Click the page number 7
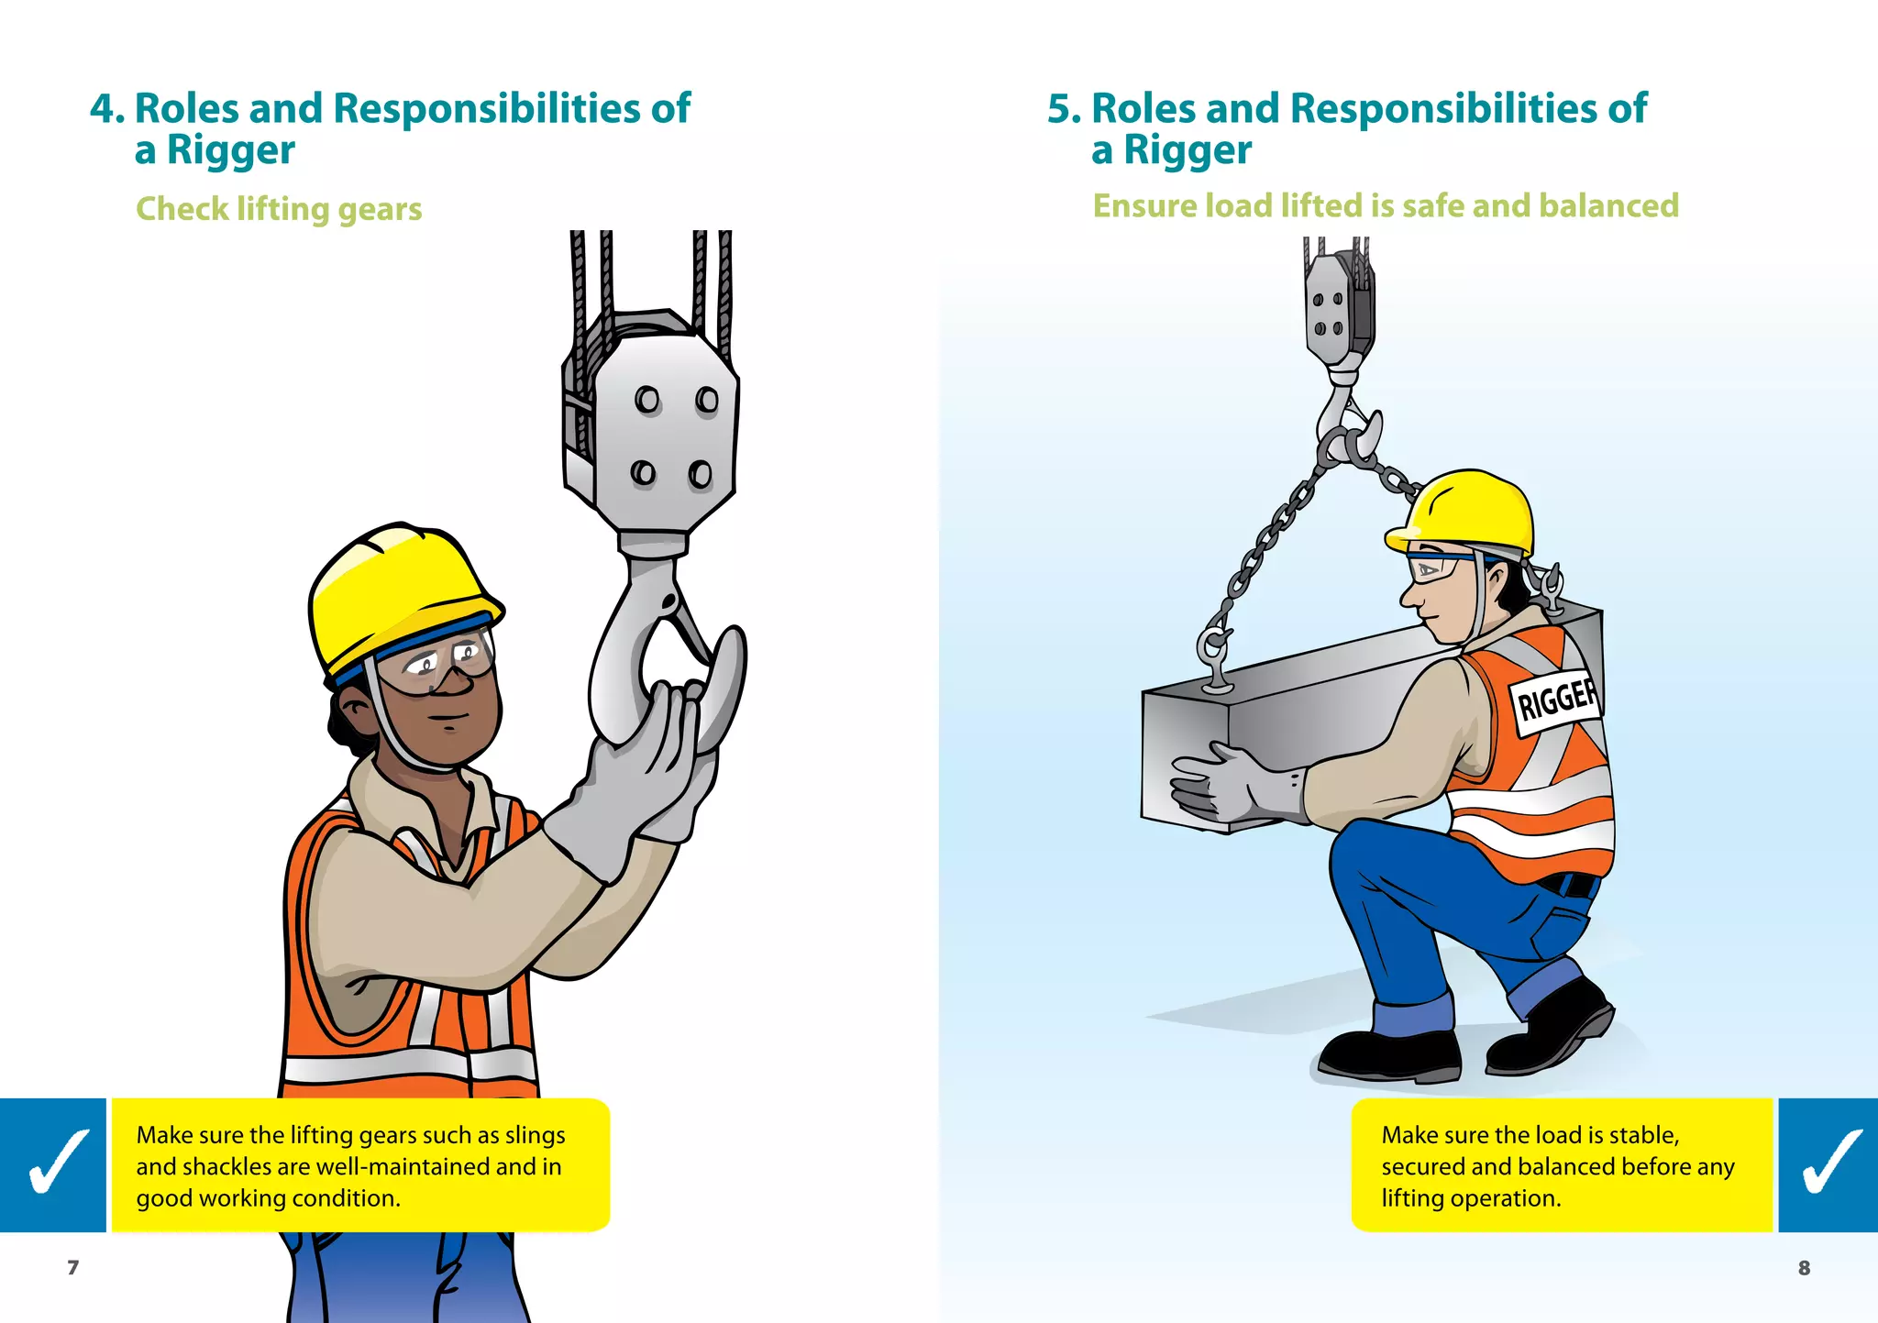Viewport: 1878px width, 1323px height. click(x=72, y=1267)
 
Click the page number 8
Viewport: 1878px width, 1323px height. click(x=1804, y=1268)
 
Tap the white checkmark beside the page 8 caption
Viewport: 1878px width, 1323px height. click(x=1829, y=1163)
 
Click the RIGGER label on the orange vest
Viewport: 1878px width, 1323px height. click(x=1556, y=700)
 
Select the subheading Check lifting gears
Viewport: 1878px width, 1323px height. click(x=279, y=209)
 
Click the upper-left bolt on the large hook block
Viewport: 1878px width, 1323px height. click(x=647, y=400)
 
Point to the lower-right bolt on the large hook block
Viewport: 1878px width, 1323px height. click(x=700, y=474)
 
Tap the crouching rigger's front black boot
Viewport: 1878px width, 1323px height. click(x=1390, y=1056)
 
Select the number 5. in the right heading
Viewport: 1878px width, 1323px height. click(x=1065, y=108)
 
